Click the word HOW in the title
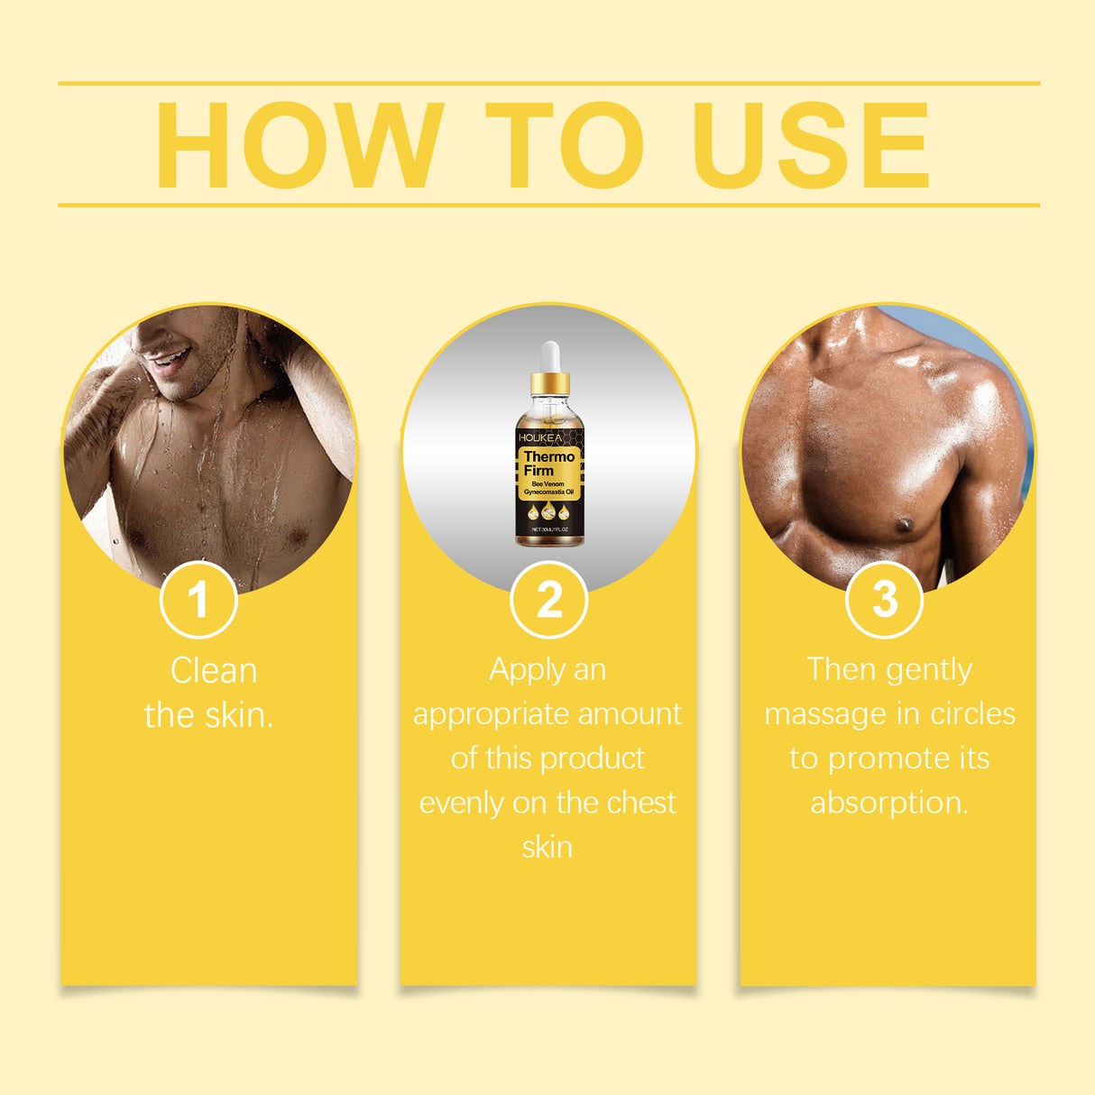coord(299,145)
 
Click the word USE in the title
coord(810,145)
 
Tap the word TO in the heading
coord(565,145)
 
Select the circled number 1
coord(198,600)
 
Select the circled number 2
coord(548,600)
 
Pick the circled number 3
coord(885,599)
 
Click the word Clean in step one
coord(214,671)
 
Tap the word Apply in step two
coord(520,670)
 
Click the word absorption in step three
coord(888,802)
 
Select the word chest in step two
coord(641,802)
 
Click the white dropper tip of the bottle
coord(549,352)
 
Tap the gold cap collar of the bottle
coord(549,384)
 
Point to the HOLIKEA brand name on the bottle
coord(539,437)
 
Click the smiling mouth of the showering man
coord(169,361)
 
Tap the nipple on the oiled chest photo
coord(903,524)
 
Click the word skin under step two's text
coord(547,847)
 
